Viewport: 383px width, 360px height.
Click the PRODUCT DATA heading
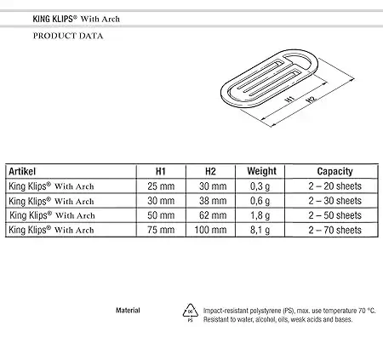click(x=68, y=36)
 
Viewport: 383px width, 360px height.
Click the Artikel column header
click(x=22, y=171)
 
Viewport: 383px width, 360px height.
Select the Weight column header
click(x=261, y=171)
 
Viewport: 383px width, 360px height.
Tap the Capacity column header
click(x=334, y=171)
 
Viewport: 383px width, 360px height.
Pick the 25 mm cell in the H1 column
click(x=161, y=186)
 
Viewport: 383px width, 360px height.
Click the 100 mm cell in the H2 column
click(x=210, y=230)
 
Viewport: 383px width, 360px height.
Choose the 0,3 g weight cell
click(x=260, y=186)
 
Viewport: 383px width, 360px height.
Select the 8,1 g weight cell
click(x=260, y=230)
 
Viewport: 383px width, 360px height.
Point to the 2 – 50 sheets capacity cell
click(x=335, y=215)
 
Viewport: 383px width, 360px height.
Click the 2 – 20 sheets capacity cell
click(x=335, y=186)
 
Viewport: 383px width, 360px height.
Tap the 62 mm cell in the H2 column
click(x=213, y=215)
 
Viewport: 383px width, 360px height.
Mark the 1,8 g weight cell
click(x=260, y=215)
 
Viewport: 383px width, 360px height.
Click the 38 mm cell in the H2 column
click(x=213, y=201)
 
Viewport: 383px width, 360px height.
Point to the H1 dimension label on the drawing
click(x=289, y=100)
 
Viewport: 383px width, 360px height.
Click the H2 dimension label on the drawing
click(x=311, y=100)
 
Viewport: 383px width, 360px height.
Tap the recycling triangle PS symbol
click(x=190, y=312)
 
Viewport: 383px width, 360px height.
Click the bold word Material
click(x=128, y=311)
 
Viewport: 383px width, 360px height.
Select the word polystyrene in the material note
click(x=266, y=311)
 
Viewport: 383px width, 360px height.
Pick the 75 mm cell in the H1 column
click(x=161, y=230)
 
